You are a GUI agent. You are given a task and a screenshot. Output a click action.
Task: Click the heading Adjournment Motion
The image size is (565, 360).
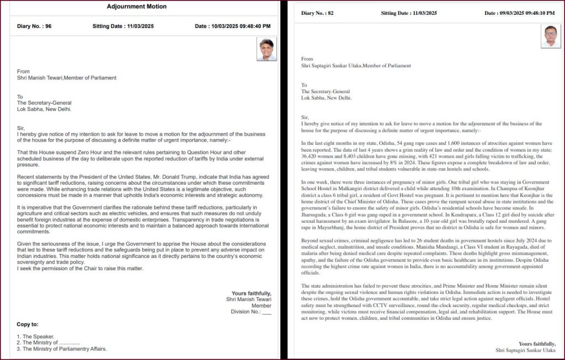[136, 7]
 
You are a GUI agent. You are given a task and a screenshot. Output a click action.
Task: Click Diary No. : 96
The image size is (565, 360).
[35, 26]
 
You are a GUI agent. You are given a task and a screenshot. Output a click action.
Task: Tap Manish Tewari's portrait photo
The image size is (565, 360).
[267, 50]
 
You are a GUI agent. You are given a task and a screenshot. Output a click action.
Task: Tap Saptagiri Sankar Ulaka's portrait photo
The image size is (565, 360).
[551, 36]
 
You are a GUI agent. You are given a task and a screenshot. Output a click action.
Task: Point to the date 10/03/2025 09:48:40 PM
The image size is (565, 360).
[233, 26]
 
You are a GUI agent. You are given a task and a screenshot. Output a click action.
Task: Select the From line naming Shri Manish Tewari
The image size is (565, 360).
[67, 78]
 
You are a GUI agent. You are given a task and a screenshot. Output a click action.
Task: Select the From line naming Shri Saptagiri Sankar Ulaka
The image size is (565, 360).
[356, 66]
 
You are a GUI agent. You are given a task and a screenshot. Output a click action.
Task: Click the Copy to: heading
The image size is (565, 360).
[28, 324]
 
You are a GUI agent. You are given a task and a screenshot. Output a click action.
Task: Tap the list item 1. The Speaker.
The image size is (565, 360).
[36, 336]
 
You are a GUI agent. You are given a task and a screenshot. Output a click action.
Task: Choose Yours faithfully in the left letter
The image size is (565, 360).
[251, 293]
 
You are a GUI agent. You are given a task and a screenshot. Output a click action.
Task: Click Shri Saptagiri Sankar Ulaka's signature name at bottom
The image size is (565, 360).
[525, 350]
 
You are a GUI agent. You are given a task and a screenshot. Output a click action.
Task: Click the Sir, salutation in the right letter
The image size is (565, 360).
[305, 117]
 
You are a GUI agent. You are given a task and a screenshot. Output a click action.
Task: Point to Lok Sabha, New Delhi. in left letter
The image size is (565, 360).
[44, 109]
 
